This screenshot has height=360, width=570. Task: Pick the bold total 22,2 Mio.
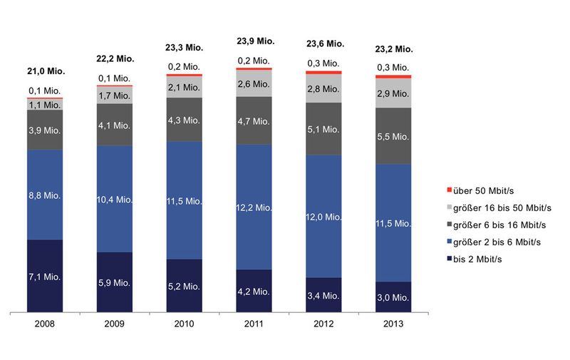114,58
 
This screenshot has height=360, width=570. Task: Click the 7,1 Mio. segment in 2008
44,275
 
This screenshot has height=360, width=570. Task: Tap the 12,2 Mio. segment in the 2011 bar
254,207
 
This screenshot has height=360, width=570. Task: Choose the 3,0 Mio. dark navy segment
393,297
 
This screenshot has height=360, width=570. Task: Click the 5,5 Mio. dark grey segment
393,135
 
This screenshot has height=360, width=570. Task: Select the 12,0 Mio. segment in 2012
323,217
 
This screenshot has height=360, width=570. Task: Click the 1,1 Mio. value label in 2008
44,104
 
